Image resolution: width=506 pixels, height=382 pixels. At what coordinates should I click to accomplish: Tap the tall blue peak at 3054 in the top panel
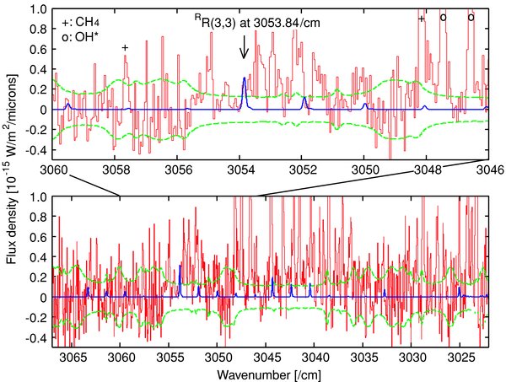pos(245,79)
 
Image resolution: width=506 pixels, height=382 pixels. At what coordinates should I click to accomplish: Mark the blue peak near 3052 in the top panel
pos(304,99)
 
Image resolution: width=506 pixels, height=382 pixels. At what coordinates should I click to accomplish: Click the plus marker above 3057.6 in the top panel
pos(125,48)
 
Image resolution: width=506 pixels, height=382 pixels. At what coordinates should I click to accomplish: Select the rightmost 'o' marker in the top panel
pos(471,17)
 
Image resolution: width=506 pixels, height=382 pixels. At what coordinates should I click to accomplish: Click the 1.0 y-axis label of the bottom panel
pos(38,196)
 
